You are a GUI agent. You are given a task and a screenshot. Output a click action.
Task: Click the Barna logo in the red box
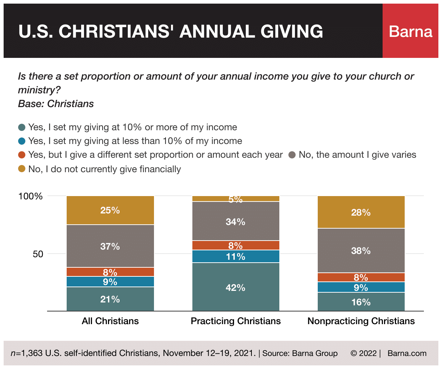click(x=410, y=31)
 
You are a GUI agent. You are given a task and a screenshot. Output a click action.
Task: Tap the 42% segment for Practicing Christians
click(x=235, y=287)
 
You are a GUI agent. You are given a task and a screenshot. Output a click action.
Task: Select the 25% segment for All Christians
click(x=110, y=210)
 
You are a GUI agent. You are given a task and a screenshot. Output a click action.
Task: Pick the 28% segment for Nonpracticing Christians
click(x=361, y=212)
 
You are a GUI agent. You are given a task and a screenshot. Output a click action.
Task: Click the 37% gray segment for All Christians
click(x=110, y=246)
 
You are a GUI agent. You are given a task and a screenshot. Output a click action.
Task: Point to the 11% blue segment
click(x=235, y=256)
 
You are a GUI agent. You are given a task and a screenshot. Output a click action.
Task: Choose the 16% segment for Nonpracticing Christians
click(x=361, y=302)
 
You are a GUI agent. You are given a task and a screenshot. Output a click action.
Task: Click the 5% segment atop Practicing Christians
click(x=235, y=199)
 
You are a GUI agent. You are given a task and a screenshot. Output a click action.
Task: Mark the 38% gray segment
click(x=361, y=251)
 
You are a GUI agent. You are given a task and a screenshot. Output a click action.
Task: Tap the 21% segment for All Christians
click(x=110, y=299)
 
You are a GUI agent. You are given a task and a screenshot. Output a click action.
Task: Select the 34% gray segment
click(x=235, y=221)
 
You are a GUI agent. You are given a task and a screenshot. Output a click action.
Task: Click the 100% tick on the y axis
click(x=30, y=196)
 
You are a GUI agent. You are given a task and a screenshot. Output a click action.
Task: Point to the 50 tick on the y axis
click(x=38, y=254)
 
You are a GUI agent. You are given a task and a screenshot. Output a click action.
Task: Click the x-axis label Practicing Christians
click(x=235, y=321)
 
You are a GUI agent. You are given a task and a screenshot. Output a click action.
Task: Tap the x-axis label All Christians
click(x=110, y=321)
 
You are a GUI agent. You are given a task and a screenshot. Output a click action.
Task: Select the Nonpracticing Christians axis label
click(x=361, y=321)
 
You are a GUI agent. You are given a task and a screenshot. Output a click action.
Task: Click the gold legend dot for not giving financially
click(x=22, y=169)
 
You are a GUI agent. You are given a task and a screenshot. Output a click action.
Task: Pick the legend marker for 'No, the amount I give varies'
click(x=292, y=155)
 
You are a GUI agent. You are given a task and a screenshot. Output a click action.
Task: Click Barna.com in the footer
click(x=407, y=353)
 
